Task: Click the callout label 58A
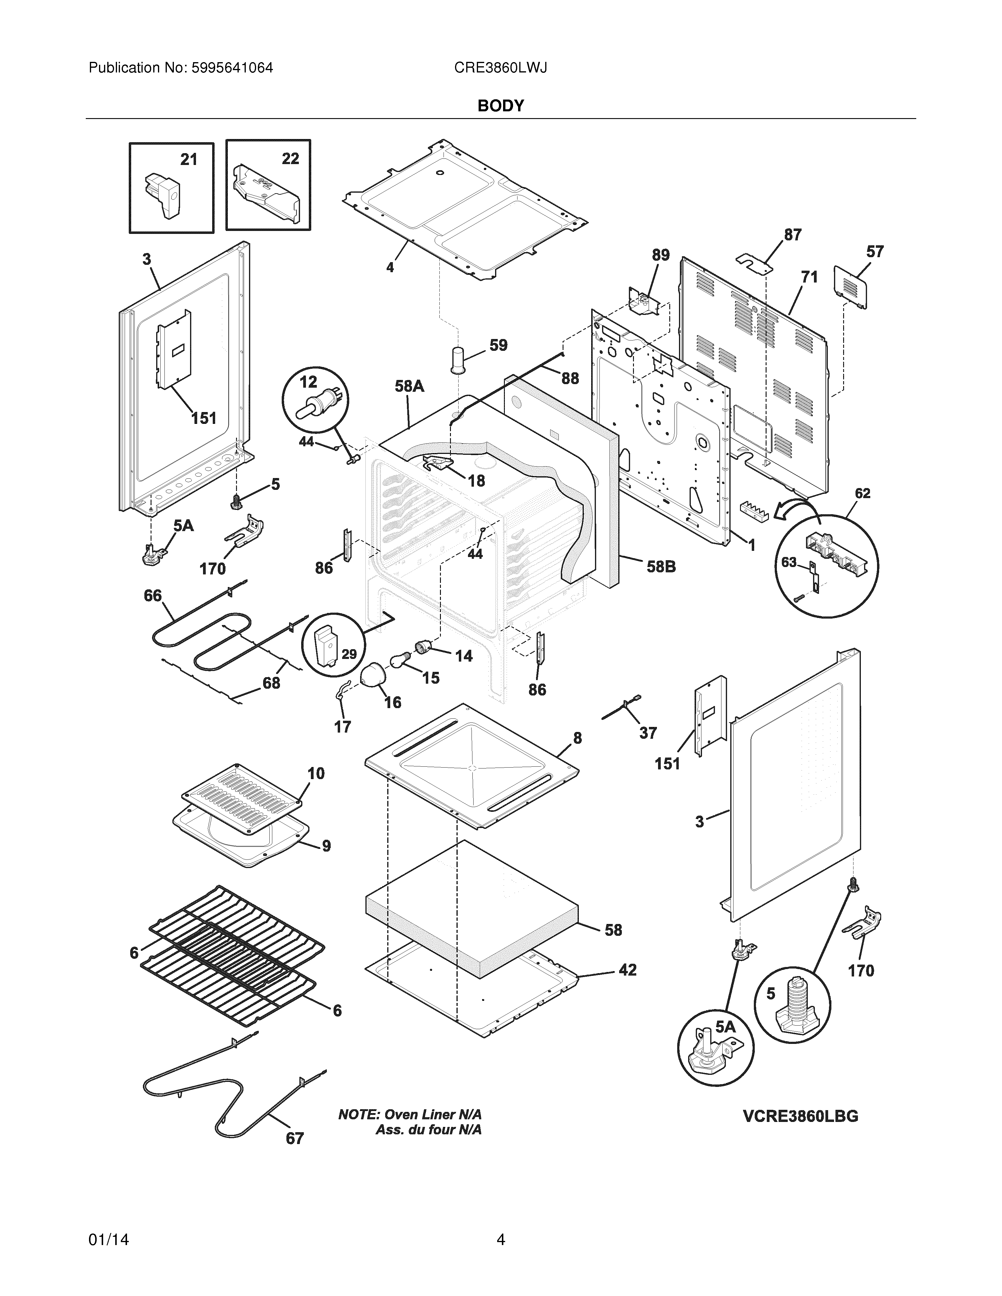coord(410,386)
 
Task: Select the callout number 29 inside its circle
coord(349,654)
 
